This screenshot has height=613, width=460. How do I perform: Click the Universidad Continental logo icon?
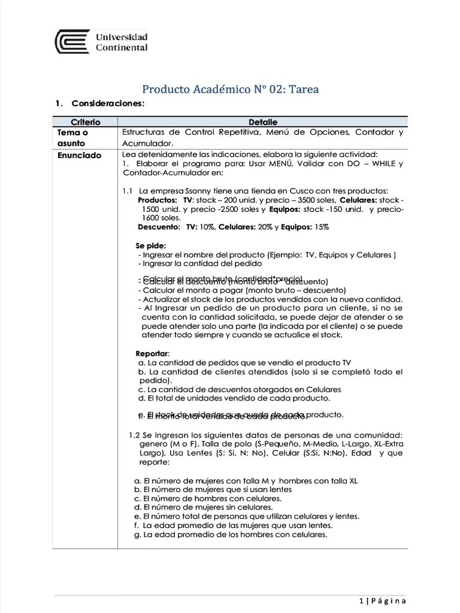tap(72, 43)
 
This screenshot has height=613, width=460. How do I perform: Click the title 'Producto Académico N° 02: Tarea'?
tap(230, 89)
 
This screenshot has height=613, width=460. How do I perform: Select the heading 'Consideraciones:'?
tap(107, 104)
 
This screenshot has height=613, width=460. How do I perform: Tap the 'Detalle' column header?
tap(262, 122)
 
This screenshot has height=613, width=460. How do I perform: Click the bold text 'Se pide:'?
tap(150, 245)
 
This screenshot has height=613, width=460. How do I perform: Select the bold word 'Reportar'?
tap(152, 353)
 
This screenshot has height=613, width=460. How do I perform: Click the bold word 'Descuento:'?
tap(159, 227)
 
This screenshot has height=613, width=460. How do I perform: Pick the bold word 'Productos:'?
tap(157, 200)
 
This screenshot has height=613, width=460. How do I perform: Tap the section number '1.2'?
tap(135, 435)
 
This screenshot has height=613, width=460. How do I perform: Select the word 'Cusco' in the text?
tap(272, 191)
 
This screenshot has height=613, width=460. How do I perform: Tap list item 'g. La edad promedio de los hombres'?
tap(231, 535)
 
